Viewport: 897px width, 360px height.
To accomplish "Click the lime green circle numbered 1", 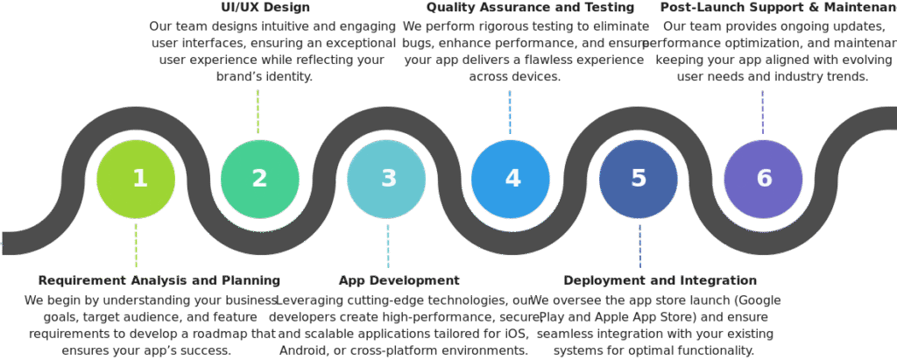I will pyautogui.click(x=136, y=179).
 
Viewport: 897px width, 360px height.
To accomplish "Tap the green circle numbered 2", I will pyautogui.click(x=260, y=179).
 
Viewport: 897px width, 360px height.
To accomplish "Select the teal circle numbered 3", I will pyautogui.click(x=386, y=179).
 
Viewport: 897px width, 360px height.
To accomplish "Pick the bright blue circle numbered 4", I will pyautogui.click(x=511, y=179).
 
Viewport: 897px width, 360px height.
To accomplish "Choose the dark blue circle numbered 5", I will pyautogui.click(x=639, y=179).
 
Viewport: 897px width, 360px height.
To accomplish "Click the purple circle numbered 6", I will pyautogui.click(x=763, y=179).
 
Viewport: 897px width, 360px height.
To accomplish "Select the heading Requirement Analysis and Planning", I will pyautogui.click(x=159, y=280).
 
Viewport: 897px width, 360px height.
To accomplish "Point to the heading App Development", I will pyautogui.click(x=398, y=280).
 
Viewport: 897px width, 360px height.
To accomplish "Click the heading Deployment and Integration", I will pyautogui.click(x=660, y=280).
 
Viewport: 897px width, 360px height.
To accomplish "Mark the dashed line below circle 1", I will pyautogui.click(x=136, y=245).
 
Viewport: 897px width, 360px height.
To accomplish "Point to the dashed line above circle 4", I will pyautogui.click(x=510, y=112).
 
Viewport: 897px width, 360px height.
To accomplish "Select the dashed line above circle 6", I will pyautogui.click(x=763, y=112).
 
